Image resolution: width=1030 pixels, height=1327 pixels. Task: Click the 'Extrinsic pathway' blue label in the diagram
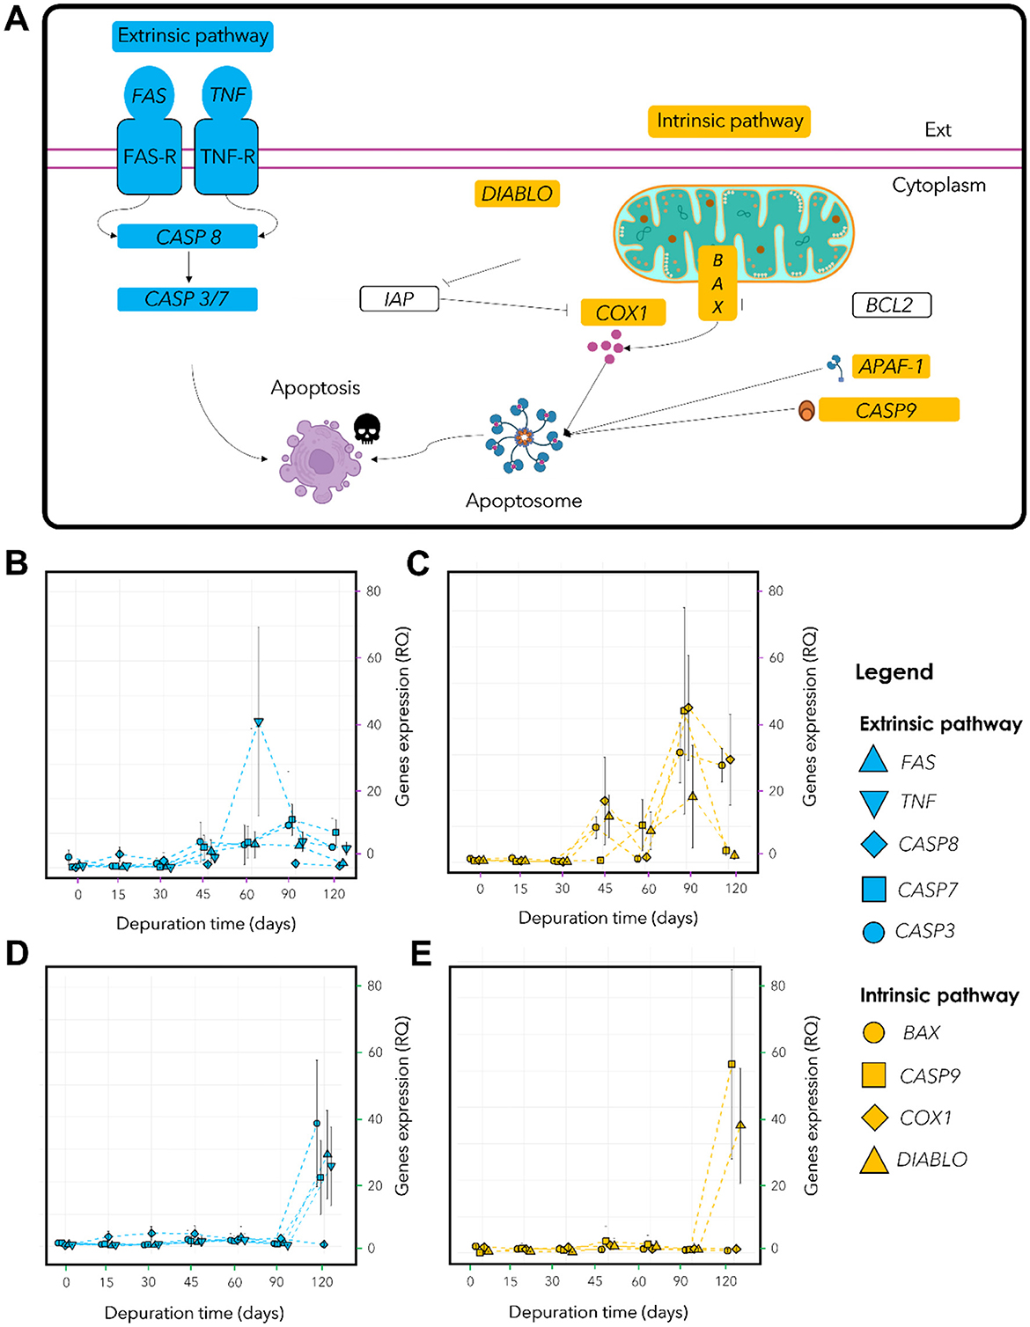193,36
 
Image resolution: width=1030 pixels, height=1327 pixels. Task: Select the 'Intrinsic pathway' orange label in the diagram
729,121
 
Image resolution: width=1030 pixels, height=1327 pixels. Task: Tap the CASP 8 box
188,237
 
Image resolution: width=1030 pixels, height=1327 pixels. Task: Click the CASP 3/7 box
188,299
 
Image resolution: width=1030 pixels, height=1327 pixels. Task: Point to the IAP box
399,299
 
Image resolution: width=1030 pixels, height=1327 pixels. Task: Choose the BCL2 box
891,305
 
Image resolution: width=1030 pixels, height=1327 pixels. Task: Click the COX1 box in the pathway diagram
622,313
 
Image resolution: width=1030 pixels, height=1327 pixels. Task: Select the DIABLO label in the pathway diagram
517,194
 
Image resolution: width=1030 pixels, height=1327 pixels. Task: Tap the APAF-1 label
891,366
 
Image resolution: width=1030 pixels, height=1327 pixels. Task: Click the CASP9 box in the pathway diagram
887,410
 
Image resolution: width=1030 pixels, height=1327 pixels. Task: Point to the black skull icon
367,429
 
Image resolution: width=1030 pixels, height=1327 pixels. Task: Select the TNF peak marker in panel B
259,722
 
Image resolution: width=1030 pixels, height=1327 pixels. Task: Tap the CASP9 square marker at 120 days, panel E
732,1064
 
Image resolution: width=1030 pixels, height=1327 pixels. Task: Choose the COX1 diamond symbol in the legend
873,1118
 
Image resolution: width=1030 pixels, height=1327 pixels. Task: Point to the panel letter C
418,563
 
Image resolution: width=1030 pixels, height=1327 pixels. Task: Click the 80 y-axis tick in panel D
374,986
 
